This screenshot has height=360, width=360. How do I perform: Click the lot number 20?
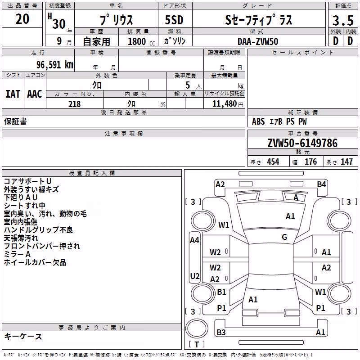point(22,19)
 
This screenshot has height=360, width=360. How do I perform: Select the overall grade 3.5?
point(343,21)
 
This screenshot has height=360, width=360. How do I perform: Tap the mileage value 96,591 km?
point(55,65)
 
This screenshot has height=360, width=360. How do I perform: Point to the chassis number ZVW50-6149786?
point(302,143)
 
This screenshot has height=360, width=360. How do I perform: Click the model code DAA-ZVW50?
point(258,41)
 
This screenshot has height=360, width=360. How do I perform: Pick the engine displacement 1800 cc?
point(141,41)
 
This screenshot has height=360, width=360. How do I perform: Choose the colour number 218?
point(75,104)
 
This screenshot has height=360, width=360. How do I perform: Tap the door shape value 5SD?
point(174,20)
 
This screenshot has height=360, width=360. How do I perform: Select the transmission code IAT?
point(13,94)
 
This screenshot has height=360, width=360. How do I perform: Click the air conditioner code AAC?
point(35,94)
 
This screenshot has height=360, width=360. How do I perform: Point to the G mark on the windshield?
point(284,237)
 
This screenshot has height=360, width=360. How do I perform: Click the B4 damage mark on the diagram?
point(321,184)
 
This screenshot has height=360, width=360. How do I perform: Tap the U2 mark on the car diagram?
point(195,276)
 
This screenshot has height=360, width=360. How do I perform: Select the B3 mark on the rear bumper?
point(221,332)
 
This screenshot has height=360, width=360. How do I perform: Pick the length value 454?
point(273,162)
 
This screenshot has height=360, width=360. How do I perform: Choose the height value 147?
point(346,162)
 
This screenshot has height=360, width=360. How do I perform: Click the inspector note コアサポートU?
point(27,181)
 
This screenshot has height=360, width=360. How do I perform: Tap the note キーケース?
point(23,337)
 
